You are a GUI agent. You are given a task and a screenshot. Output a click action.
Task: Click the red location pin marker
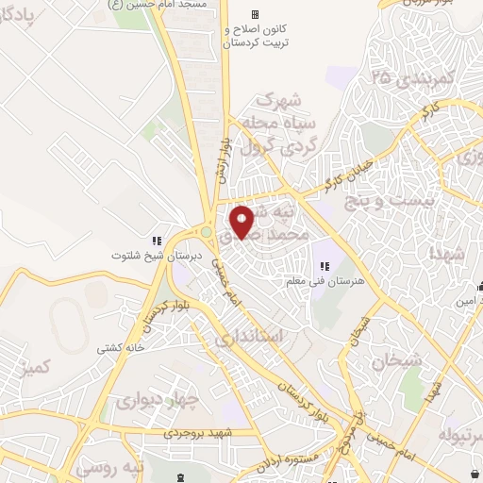(x=242, y=221)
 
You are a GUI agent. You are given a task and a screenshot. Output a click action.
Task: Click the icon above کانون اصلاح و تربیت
(x=254, y=15)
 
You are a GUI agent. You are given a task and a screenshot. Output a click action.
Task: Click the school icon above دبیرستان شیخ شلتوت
(x=158, y=240)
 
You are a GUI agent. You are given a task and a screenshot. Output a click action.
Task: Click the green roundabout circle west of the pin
(x=205, y=232)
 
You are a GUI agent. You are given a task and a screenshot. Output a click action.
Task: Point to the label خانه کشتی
(x=118, y=348)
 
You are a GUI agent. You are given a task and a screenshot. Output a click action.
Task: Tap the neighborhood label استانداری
(x=247, y=337)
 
